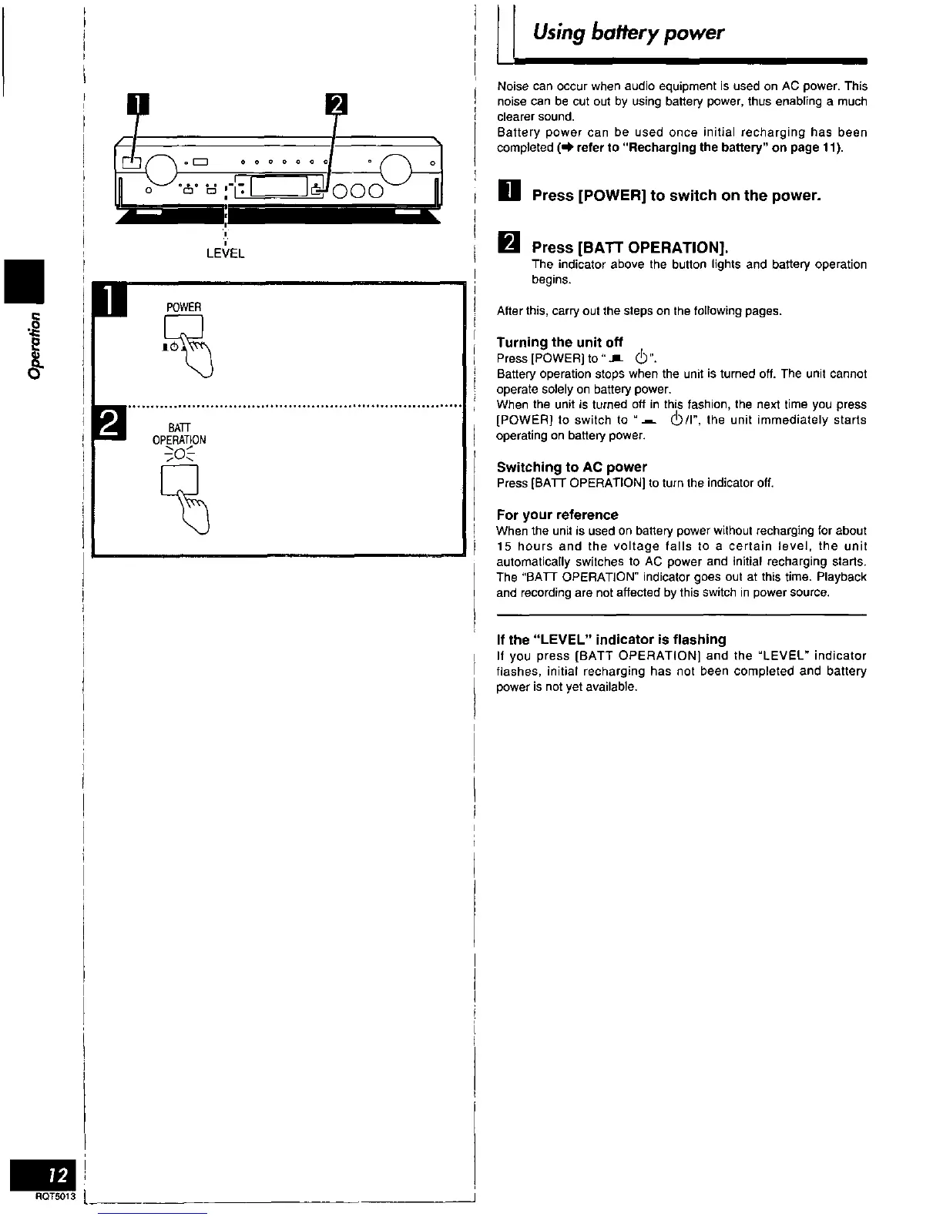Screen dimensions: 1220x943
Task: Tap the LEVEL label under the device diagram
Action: [x=225, y=253]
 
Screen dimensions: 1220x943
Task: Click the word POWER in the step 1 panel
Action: [x=183, y=307]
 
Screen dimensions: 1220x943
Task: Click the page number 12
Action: [x=57, y=1175]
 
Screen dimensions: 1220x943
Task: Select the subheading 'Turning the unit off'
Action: [x=559, y=342]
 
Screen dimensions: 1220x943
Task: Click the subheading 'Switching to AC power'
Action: [x=572, y=467]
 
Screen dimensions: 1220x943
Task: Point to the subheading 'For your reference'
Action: [x=557, y=514]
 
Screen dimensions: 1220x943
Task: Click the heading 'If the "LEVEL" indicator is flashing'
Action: [x=611, y=639]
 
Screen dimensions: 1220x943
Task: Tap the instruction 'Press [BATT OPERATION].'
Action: [x=630, y=247]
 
